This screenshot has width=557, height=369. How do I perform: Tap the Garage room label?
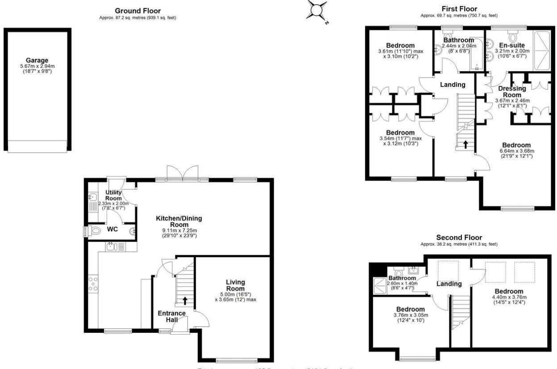pyautogui.click(x=37, y=60)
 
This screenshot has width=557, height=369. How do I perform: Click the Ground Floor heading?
pyautogui.click(x=137, y=11)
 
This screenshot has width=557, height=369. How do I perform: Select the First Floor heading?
pyautogui.click(x=459, y=9)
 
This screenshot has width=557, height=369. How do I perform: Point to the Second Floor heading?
pyautogui.click(x=459, y=238)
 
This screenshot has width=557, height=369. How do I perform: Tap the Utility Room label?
pyautogui.click(x=113, y=195)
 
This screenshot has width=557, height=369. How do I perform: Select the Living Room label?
pyautogui.click(x=236, y=285)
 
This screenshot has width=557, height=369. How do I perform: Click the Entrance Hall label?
pyautogui.click(x=172, y=316)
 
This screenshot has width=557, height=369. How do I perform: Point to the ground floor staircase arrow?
pyautogui.click(x=185, y=300)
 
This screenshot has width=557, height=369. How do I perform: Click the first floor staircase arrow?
pyautogui.click(x=466, y=144)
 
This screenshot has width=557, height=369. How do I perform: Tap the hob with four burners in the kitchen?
pyautogui.click(x=94, y=283)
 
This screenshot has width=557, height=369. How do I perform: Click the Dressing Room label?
pyautogui.click(x=512, y=91)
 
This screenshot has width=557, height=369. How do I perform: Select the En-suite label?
pyautogui.click(x=512, y=45)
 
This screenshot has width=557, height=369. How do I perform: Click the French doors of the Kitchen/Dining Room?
pyautogui.click(x=182, y=173)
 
